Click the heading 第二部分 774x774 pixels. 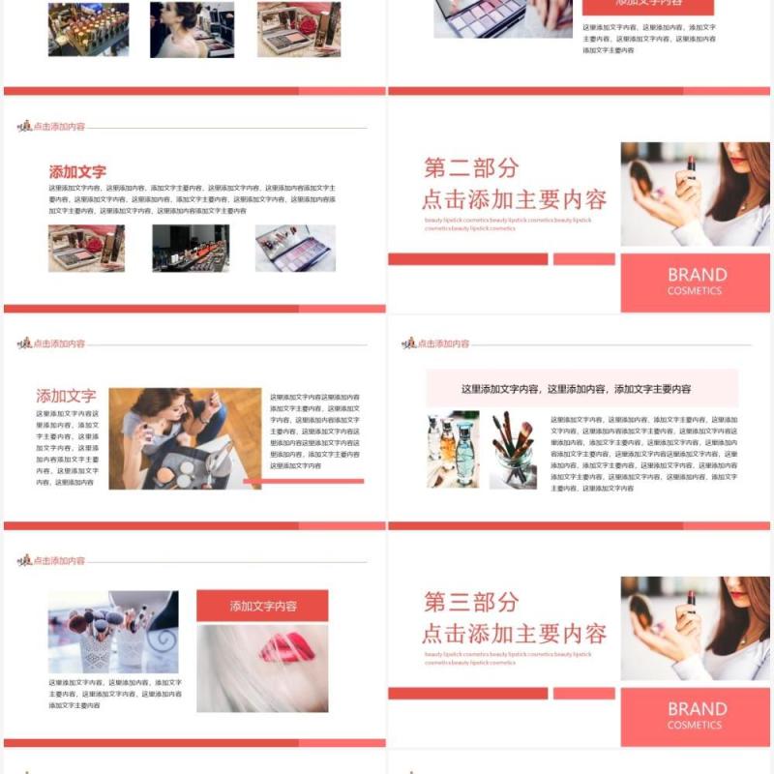click(471, 167)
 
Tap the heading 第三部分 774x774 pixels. click(471, 602)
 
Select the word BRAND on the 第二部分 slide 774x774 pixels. click(697, 275)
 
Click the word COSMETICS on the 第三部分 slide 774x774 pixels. click(695, 725)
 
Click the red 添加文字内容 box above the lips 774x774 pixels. click(262, 606)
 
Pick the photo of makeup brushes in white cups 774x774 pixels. click(112, 632)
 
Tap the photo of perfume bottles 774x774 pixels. click(453, 449)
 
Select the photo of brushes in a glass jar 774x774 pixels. click(513, 449)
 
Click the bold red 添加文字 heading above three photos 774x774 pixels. click(77, 171)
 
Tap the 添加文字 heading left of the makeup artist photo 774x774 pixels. click(66, 396)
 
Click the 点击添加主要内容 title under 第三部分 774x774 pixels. click(514, 634)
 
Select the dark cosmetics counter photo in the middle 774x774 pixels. click(191, 248)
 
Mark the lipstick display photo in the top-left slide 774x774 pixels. click(88, 29)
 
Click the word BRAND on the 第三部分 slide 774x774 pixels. click(697, 709)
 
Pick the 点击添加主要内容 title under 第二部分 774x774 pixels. click(514, 199)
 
